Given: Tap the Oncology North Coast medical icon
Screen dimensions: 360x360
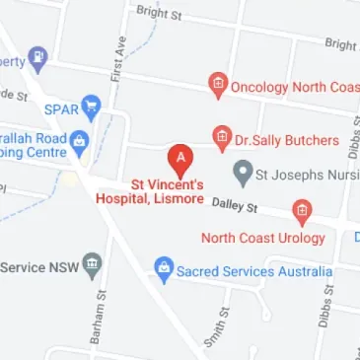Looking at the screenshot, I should [x=217, y=87].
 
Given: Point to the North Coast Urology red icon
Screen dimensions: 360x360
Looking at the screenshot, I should [x=302, y=211].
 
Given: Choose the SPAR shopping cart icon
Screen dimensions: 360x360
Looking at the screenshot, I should [x=93, y=105].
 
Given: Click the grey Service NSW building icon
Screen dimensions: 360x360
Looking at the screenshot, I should [x=92, y=265].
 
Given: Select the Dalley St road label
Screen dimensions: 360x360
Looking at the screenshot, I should [x=235, y=205].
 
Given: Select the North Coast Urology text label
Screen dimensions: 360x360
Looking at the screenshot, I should [x=262, y=238].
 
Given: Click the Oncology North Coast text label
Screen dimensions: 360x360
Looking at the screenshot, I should [x=294, y=87].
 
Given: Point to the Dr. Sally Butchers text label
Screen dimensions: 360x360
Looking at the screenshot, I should [x=286, y=140].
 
